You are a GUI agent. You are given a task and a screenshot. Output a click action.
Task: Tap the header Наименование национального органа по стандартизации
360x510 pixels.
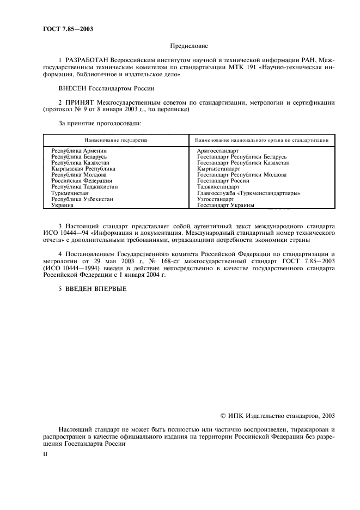point(261,140)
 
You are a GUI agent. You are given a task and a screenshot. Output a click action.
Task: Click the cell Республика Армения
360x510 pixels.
point(79,150)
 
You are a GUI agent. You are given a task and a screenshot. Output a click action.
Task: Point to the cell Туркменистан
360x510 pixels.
point(73,193)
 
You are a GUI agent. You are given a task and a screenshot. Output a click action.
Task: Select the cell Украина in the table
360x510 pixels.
point(63,205)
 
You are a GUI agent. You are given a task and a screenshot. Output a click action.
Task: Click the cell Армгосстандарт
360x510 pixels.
point(218,150)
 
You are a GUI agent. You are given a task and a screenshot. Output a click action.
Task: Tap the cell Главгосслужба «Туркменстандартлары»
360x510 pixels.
point(249,193)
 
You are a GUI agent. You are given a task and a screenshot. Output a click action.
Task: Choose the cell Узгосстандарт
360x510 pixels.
point(216,199)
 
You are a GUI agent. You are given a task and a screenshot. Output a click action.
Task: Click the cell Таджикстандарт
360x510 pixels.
point(218,187)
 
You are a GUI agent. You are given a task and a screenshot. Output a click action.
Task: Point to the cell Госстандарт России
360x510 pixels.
point(223,181)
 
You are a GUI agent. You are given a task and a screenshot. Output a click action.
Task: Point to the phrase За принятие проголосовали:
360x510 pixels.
point(100,124)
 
